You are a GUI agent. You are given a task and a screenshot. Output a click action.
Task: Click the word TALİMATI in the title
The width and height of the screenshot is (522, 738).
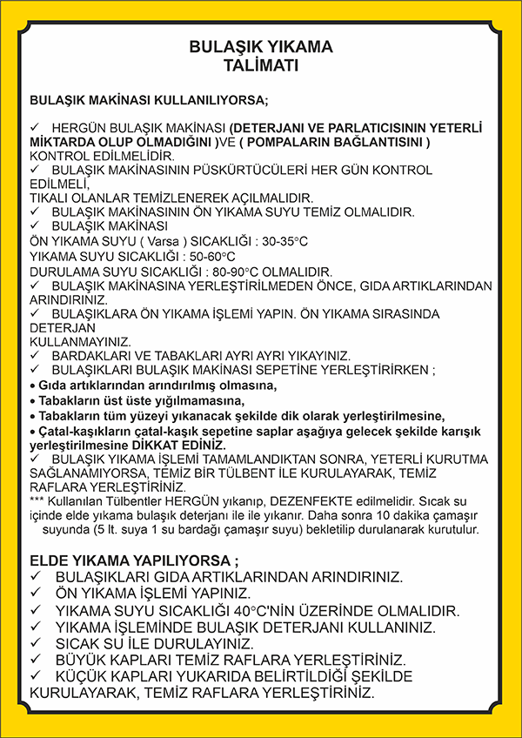click(260, 64)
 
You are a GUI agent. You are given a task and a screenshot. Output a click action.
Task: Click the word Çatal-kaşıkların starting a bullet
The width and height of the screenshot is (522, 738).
click(80, 430)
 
